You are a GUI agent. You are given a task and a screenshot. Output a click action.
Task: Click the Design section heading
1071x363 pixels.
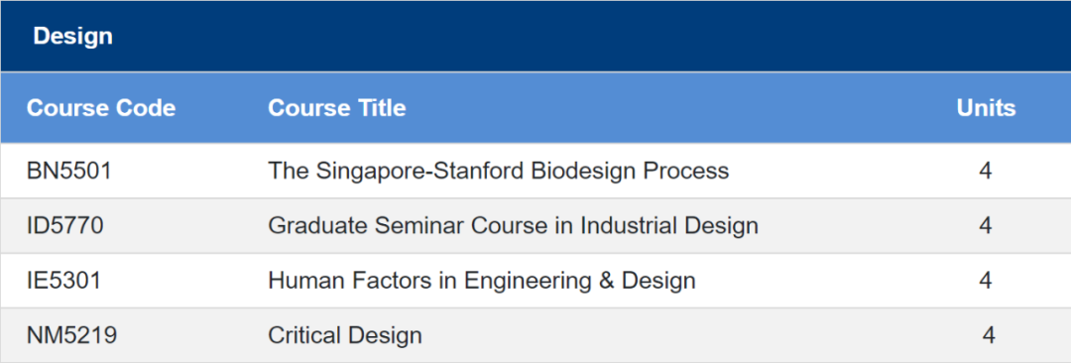[x=72, y=37]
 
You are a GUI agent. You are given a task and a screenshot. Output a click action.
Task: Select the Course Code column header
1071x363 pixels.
[x=101, y=108]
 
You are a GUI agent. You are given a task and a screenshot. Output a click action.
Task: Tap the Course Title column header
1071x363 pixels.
[x=337, y=108]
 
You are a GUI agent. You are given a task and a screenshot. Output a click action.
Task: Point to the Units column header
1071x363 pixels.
[x=986, y=108]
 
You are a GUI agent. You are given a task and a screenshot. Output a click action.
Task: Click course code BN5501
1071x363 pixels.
[x=69, y=171]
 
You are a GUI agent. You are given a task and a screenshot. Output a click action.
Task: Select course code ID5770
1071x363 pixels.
[x=64, y=225]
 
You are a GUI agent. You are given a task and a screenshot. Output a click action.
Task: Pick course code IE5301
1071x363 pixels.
[x=63, y=281]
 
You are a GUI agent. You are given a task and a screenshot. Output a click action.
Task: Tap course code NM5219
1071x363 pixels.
[x=71, y=335]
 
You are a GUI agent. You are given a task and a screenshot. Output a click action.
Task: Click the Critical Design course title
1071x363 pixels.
[x=345, y=335]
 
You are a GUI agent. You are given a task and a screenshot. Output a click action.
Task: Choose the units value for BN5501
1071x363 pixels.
[x=985, y=171]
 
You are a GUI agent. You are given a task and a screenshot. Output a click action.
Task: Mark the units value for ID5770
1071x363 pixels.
[x=985, y=225]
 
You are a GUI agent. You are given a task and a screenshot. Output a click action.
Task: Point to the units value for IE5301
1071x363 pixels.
[x=985, y=281]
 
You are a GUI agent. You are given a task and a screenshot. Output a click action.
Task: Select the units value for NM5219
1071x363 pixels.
[x=989, y=335]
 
